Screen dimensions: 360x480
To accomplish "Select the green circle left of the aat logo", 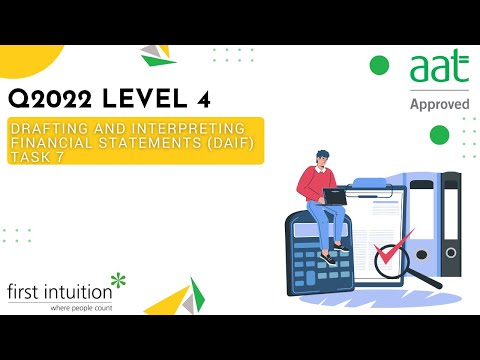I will pyautogui.click(x=379, y=66).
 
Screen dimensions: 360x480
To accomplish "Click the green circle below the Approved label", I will pyautogui.click(x=439, y=135).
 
